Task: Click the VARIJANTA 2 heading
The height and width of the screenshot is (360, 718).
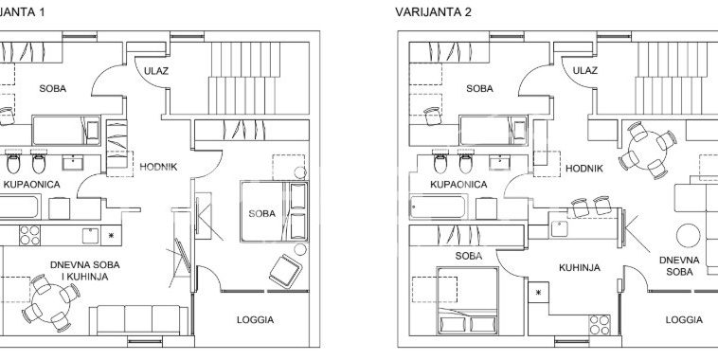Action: pyautogui.click(x=433, y=12)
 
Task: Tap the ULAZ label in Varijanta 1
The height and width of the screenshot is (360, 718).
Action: pyautogui.click(x=156, y=71)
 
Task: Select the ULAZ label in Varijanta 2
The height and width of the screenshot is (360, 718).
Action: pyautogui.click(x=584, y=70)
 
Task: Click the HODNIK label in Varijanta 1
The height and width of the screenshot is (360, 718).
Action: pyautogui.click(x=158, y=167)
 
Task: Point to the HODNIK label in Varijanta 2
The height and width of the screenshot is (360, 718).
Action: pyautogui.click(x=584, y=169)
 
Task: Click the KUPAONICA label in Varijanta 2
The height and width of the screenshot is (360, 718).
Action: pyautogui.click(x=458, y=184)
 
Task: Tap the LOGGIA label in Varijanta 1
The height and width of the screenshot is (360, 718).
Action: pyautogui.click(x=255, y=319)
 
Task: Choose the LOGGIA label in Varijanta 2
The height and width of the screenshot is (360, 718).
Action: pyautogui.click(x=684, y=319)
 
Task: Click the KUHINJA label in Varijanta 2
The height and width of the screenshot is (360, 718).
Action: pyautogui.click(x=580, y=267)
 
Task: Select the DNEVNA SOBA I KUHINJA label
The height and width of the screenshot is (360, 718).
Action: pyautogui.click(x=84, y=271)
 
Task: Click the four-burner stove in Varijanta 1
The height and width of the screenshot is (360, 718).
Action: pyautogui.click(x=29, y=235)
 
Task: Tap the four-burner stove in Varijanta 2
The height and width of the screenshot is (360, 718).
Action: pyautogui.click(x=600, y=325)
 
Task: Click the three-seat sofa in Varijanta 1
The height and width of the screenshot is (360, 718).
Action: pyautogui.click(x=138, y=319)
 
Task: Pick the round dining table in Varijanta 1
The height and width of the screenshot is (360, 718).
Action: pyautogui.click(x=51, y=303)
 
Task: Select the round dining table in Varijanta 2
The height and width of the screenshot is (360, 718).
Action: pyautogui.click(x=648, y=151)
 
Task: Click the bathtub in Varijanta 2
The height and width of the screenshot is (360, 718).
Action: pyautogui.click(x=438, y=207)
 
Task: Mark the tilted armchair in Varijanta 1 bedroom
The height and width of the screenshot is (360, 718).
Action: pyautogui.click(x=285, y=271)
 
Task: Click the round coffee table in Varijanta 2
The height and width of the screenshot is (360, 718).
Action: pyautogui.click(x=689, y=235)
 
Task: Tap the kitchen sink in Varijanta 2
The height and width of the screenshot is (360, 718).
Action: pyautogui.click(x=559, y=228)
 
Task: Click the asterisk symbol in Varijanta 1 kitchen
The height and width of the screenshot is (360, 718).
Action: pyautogui.click(x=111, y=236)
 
